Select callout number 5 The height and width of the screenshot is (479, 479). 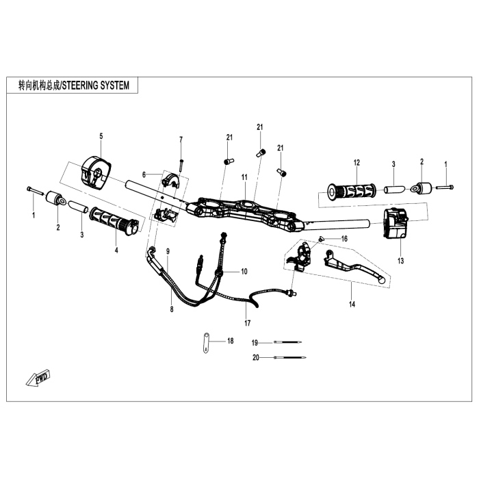101,136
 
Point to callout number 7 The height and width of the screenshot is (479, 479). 181,140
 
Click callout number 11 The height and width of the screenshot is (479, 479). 244,177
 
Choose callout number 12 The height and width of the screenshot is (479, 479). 357,163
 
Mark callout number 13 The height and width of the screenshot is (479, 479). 400,261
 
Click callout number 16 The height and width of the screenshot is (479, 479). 344,239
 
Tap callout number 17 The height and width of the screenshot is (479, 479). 248,323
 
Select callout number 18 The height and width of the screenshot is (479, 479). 231,340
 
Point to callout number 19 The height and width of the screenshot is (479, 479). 254,342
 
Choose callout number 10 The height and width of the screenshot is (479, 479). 244,272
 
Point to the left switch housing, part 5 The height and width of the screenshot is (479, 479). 96,170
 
